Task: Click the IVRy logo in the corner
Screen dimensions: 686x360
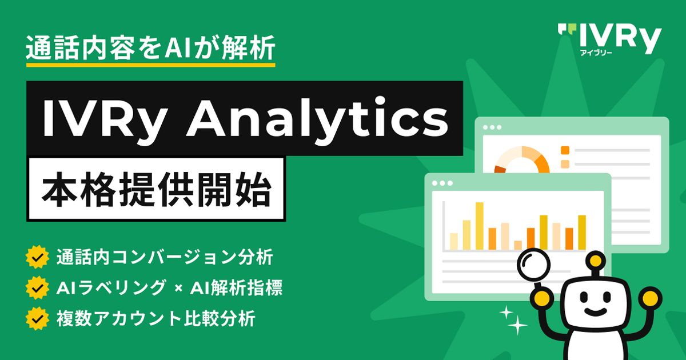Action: point(609,40)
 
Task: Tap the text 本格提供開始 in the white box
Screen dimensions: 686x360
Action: point(157,190)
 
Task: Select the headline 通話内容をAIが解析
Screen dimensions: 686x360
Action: point(150,48)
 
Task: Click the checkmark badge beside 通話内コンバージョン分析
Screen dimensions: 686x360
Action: point(37,257)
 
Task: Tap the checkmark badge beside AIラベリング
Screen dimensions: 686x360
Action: point(37,288)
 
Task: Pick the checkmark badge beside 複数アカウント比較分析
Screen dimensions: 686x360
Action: point(37,319)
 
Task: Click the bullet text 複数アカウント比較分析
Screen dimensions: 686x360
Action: point(156,319)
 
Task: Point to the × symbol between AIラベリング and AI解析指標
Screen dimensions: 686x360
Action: point(178,289)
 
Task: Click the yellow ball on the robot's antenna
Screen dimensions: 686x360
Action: point(596,261)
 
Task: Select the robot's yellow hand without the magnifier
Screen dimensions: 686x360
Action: point(651,298)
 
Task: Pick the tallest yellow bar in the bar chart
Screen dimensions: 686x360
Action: point(480,226)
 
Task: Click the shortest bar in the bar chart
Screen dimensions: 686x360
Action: point(518,245)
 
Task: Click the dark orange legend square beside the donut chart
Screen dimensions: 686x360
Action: point(565,150)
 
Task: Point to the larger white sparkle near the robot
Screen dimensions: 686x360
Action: point(517,325)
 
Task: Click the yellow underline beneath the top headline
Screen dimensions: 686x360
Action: point(151,65)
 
